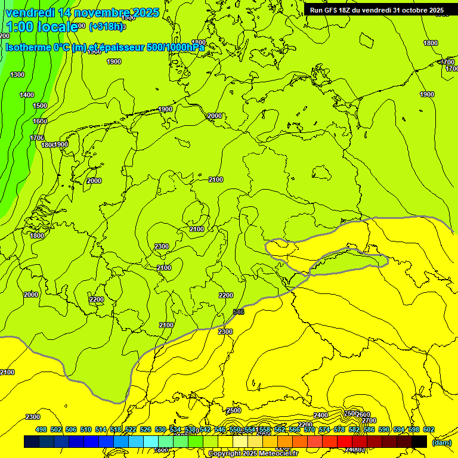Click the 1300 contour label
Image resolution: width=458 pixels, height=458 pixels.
click(x=17, y=75)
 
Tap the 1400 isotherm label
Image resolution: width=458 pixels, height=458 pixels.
click(x=27, y=95)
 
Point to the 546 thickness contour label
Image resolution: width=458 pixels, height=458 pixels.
click(x=239, y=312)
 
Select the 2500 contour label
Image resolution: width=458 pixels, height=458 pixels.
click(x=234, y=410)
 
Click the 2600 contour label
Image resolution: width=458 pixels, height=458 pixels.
click(x=363, y=414)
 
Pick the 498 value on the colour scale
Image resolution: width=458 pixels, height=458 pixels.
click(x=41, y=429)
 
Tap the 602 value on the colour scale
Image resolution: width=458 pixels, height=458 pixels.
click(x=428, y=429)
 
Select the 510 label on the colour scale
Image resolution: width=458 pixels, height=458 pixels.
click(x=86, y=429)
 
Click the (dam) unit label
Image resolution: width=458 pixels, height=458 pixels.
click(x=442, y=442)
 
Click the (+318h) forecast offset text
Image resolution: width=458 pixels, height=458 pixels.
click(x=107, y=26)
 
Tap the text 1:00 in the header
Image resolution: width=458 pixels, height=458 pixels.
click(x=19, y=27)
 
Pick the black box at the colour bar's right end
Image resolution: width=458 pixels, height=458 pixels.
click(x=419, y=442)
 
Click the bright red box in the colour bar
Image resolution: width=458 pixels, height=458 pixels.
click(x=345, y=442)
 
